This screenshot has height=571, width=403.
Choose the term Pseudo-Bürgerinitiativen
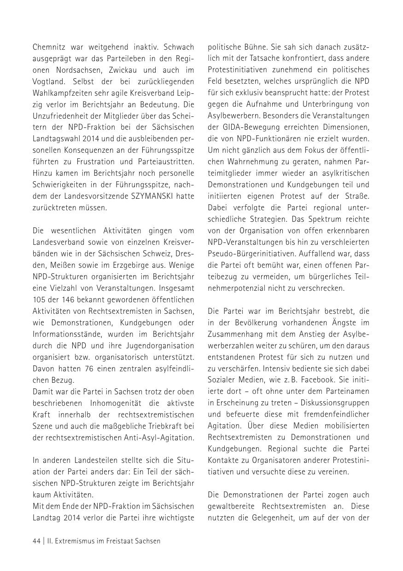pos(249,253)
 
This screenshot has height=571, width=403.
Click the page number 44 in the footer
pos(36,541)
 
